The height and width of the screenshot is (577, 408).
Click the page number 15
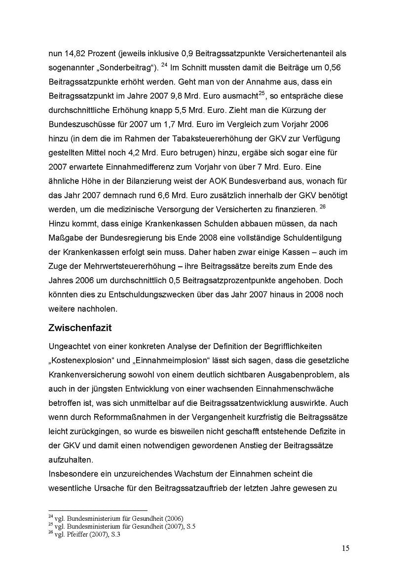click(345, 548)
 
